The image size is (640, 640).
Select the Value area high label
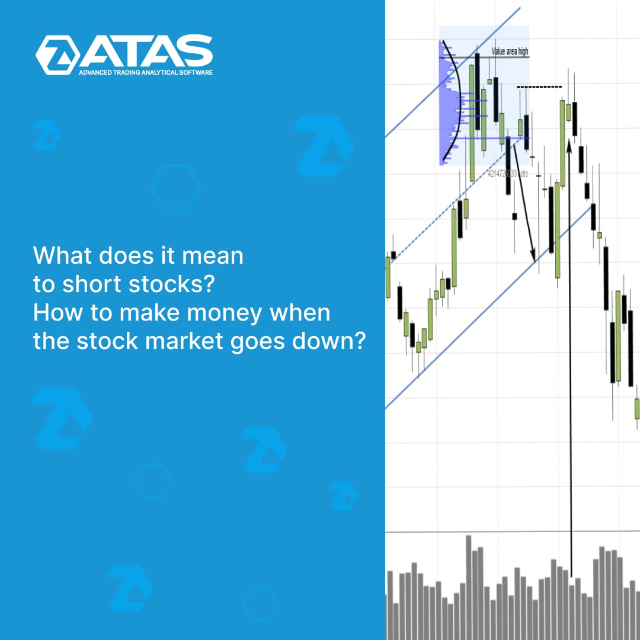(x=510, y=52)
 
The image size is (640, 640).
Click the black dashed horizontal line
(x=539, y=87)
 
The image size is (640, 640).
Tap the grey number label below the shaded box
(x=507, y=174)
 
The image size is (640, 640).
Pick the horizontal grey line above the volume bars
(x=512, y=532)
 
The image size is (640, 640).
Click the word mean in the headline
(x=216, y=256)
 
